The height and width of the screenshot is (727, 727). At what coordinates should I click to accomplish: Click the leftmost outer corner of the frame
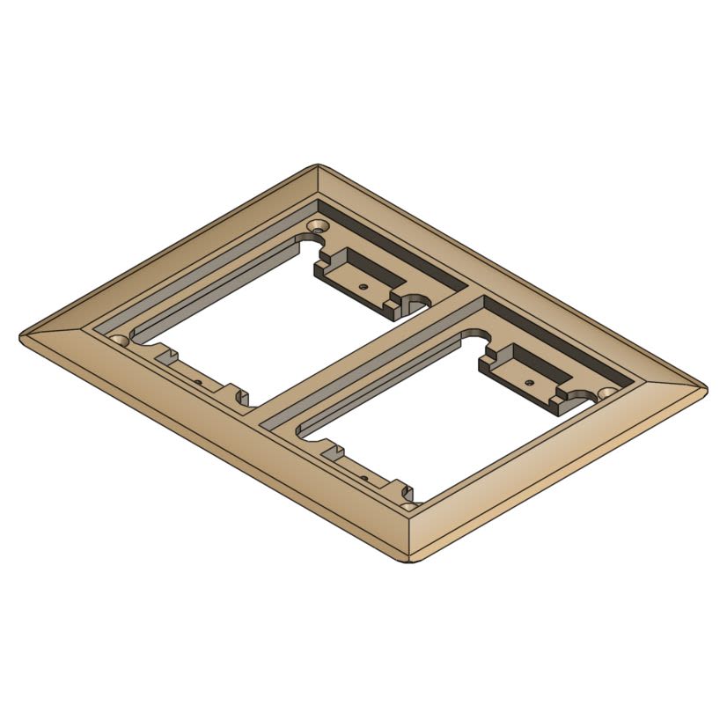[21, 335]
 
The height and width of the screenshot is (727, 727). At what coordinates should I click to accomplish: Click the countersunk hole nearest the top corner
[313, 227]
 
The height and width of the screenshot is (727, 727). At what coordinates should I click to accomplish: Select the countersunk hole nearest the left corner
[117, 339]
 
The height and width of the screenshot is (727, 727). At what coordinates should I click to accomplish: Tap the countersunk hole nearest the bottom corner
[409, 505]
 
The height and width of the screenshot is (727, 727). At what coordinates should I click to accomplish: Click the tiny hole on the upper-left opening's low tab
[201, 381]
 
